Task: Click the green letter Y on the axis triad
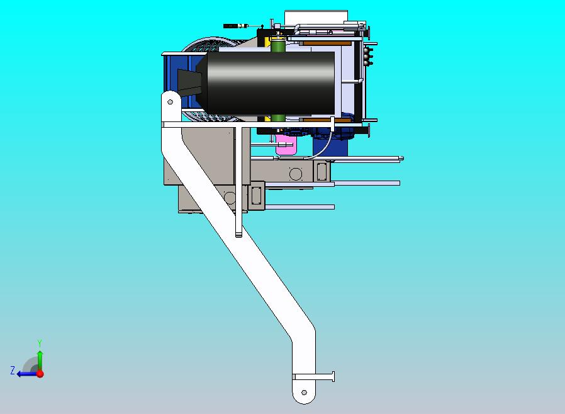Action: (40, 343)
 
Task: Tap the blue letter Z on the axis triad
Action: (13, 370)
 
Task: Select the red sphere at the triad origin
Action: (40, 374)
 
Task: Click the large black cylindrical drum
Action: (271, 84)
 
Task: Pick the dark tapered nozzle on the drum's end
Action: (189, 83)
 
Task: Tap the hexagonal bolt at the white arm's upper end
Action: (170, 102)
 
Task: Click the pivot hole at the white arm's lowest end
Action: (304, 393)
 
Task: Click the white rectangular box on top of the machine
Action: (316, 17)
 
